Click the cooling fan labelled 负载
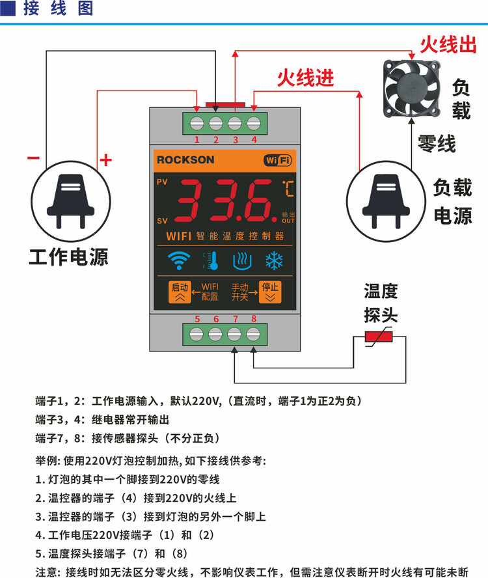(412, 89)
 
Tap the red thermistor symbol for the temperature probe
(379, 337)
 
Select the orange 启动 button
(180, 292)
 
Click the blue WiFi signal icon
(179, 261)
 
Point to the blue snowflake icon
(274, 261)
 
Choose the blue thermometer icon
(211, 261)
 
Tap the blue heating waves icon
(243, 261)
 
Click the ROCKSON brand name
(185, 160)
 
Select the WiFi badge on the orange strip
(278, 160)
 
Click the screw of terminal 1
(197, 124)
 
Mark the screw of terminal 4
(254, 124)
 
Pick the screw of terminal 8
(253, 335)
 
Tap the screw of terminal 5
(196, 335)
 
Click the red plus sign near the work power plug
(106, 160)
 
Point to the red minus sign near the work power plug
(33, 158)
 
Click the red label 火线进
(306, 78)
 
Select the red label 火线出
(448, 45)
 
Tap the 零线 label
(437, 144)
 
